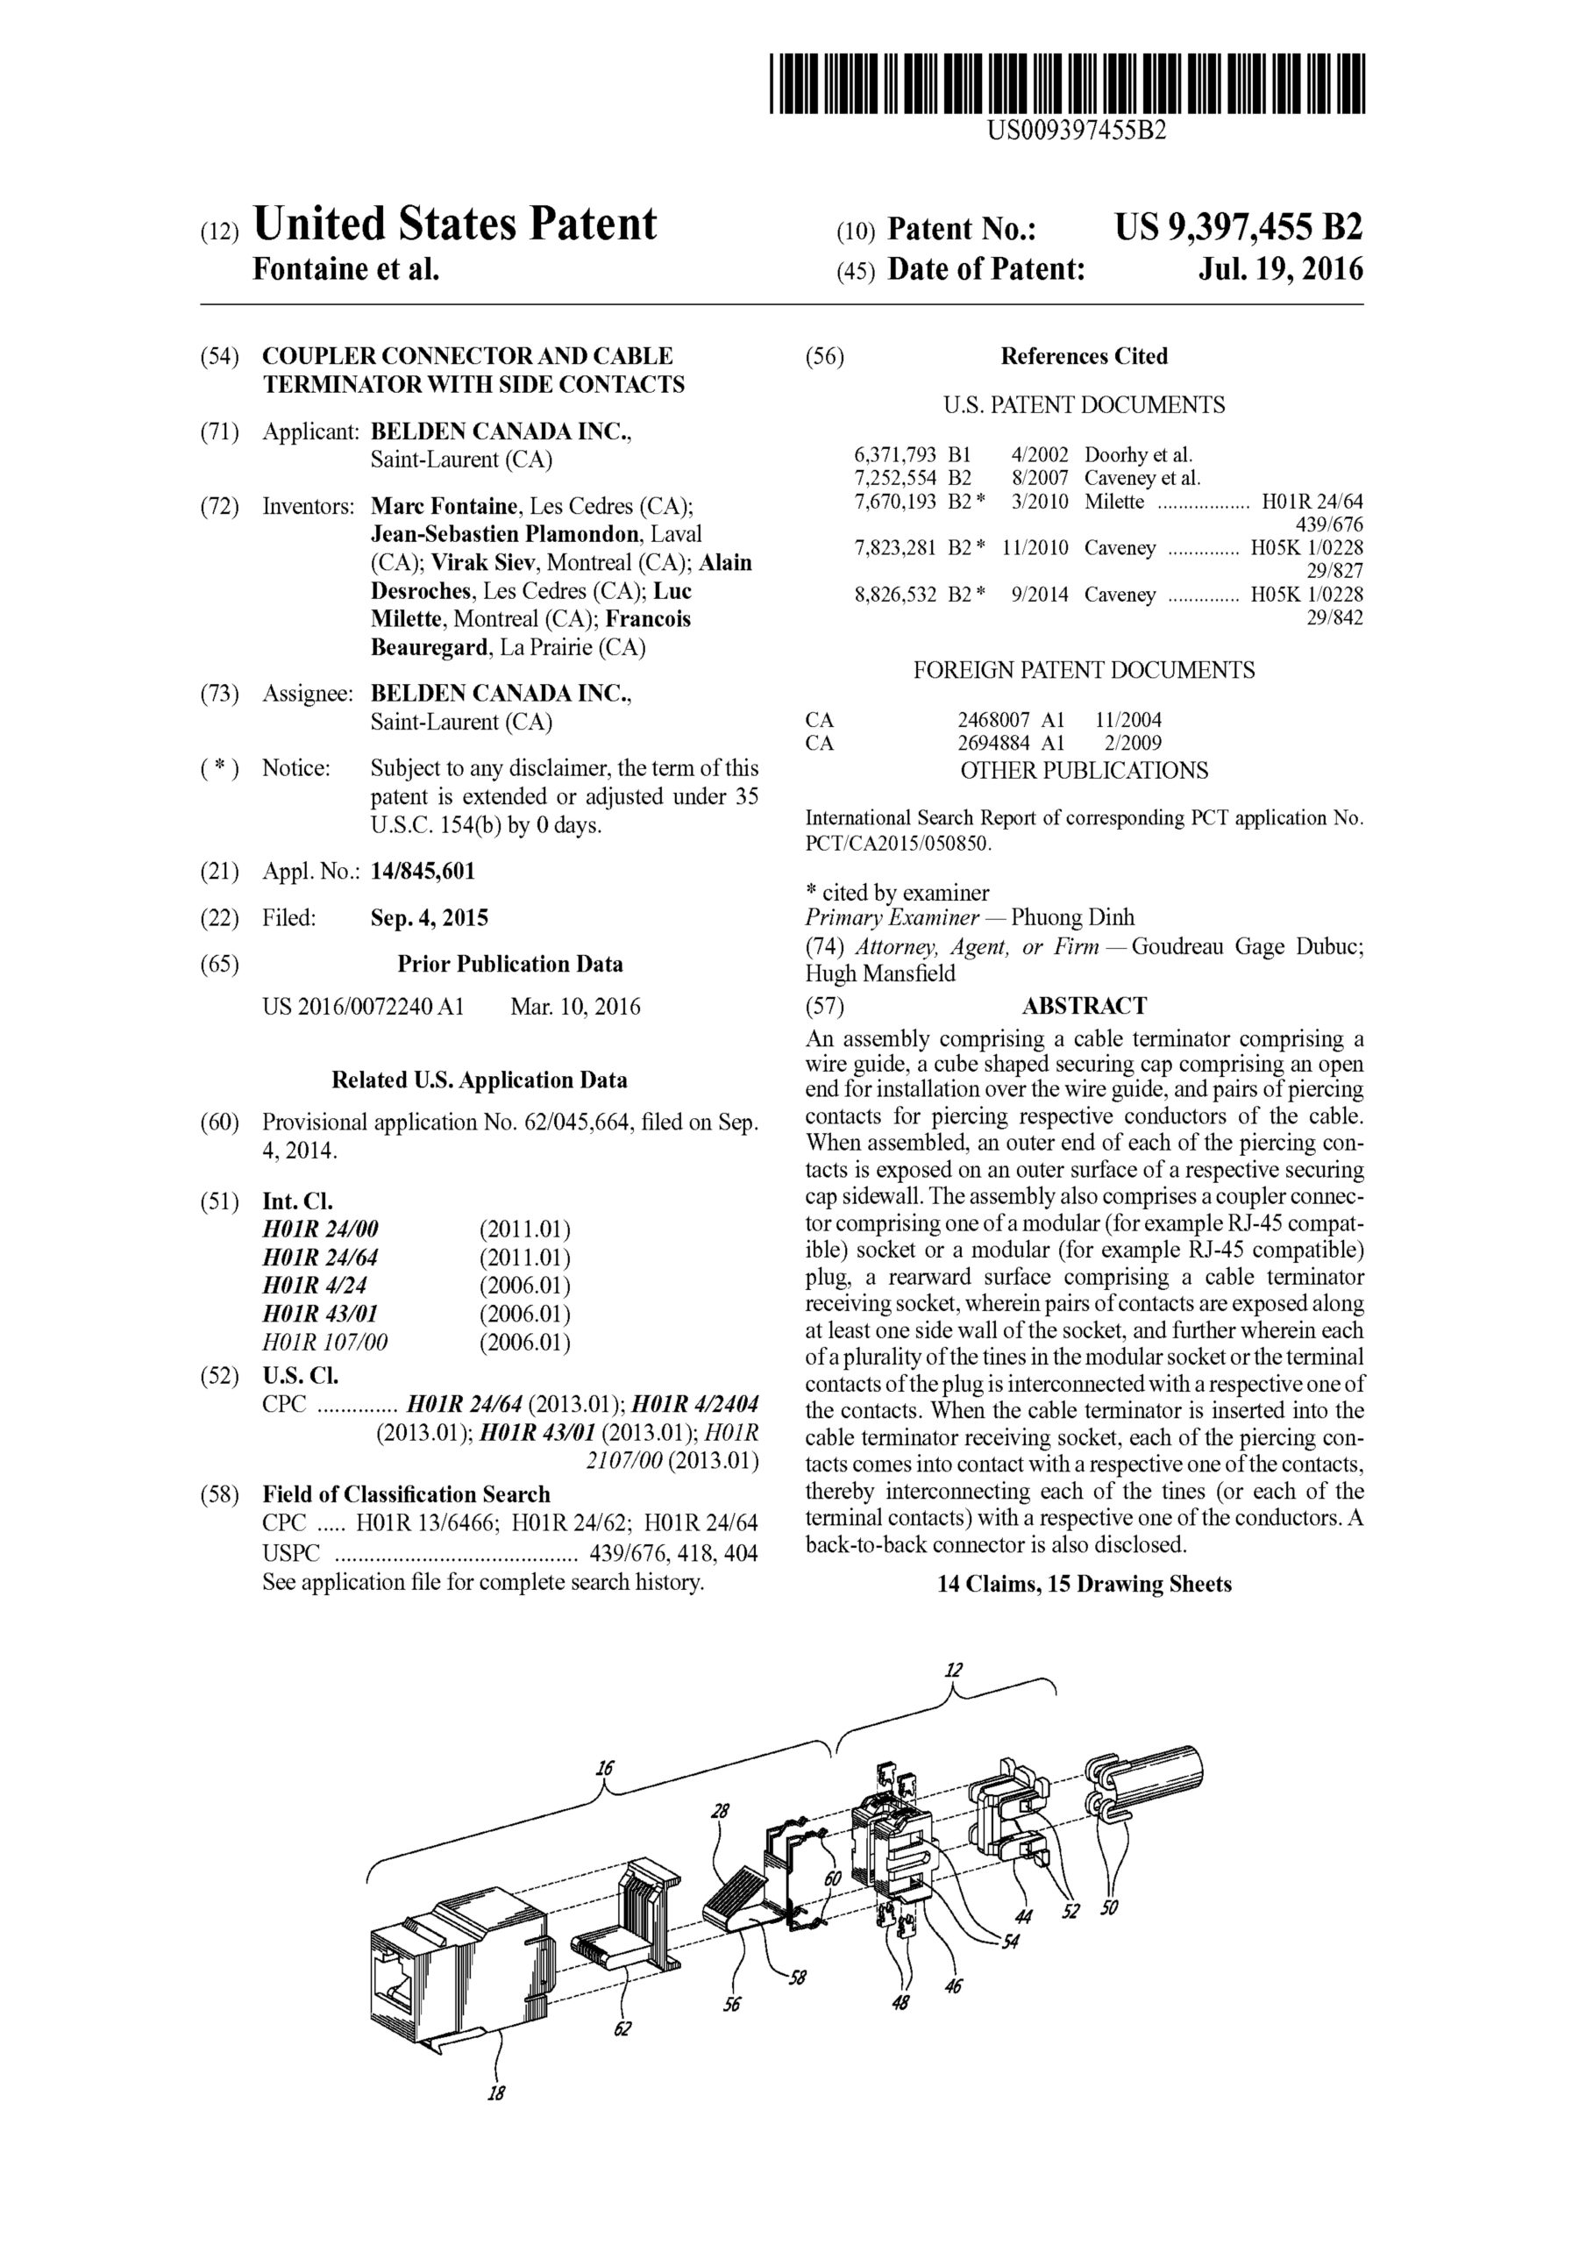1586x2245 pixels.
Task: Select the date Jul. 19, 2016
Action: [x=1280, y=269]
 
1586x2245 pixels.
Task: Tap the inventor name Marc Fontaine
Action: [x=444, y=507]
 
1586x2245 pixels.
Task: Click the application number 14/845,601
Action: [x=423, y=871]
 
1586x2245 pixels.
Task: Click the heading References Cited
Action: [x=1084, y=356]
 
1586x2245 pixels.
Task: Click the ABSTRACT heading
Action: [x=1084, y=1006]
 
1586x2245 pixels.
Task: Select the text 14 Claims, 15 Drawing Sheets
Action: [x=1084, y=1584]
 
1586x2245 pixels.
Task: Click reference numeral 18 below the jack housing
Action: [x=495, y=2093]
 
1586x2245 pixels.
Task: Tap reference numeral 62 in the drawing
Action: [x=622, y=2030]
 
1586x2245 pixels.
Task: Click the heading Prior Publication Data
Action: [x=509, y=964]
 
